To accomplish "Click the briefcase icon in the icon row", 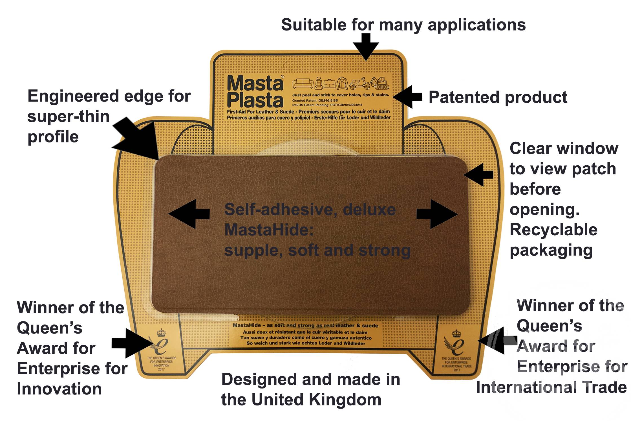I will point(329,84).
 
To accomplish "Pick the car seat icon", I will point(318,83).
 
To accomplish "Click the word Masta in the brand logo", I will point(255,84).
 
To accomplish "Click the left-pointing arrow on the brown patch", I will point(188,214).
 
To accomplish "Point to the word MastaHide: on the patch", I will point(269,230).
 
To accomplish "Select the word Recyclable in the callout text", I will point(553,230).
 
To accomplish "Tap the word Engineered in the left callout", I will point(74,96).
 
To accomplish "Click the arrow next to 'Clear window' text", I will point(478,174).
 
